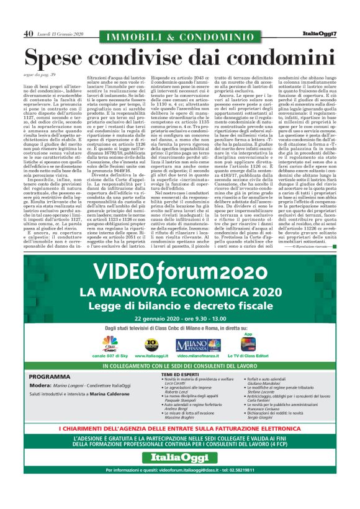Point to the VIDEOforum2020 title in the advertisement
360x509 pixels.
(x=180, y=273)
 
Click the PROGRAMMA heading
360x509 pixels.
(x=53, y=377)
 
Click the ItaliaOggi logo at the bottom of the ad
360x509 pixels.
(x=180, y=475)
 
